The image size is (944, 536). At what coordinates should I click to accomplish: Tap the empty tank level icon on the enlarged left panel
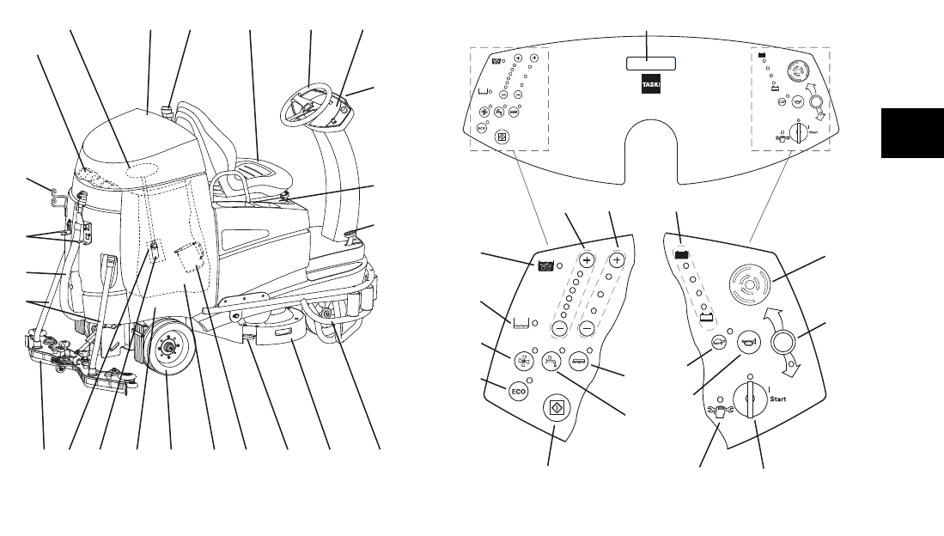tap(518, 323)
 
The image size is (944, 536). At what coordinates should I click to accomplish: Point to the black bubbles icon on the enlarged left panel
tap(545, 266)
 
